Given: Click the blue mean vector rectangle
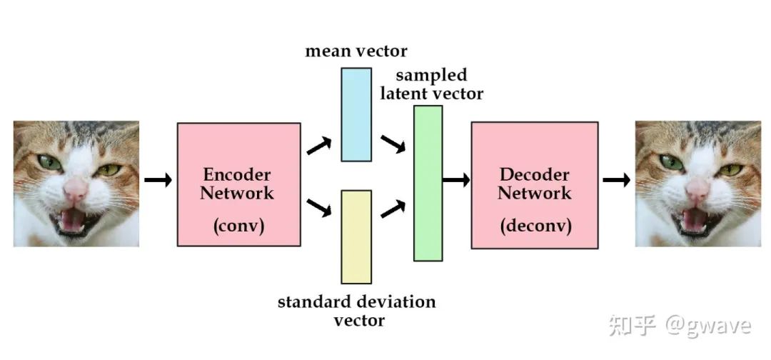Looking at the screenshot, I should pyautogui.click(x=356, y=114).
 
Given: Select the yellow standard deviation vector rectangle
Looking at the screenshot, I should pyautogui.click(x=356, y=236).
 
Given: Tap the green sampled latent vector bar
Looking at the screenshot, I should pyautogui.click(x=428, y=183).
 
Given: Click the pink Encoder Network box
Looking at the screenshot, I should pyautogui.click(x=238, y=184).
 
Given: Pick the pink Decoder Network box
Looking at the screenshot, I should pyautogui.click(x=534, y=184).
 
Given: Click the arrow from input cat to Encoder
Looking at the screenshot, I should pyautogui.click(x=158, y=180).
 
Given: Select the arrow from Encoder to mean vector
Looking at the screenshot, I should pyautogui.click(x=319, y=146).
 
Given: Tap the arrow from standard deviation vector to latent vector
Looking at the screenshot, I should pyautogui.click(x=393, y=209).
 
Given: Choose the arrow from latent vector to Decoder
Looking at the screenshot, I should pyautogui.click(x=456, y=179).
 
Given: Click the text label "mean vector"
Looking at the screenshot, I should pyautogui.click(x=356, y=51).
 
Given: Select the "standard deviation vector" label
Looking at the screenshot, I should pyautogui.click(x=356, y=311).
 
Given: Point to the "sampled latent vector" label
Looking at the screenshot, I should pyautogui.click(x=431, y=84).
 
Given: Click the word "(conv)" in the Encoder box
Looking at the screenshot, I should pyautogui.click(x=238, y=226).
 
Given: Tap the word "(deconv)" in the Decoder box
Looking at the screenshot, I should pyautogui.click(x=534, y=226).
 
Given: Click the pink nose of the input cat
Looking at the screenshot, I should pyautogui.click(x=76, y=189).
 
